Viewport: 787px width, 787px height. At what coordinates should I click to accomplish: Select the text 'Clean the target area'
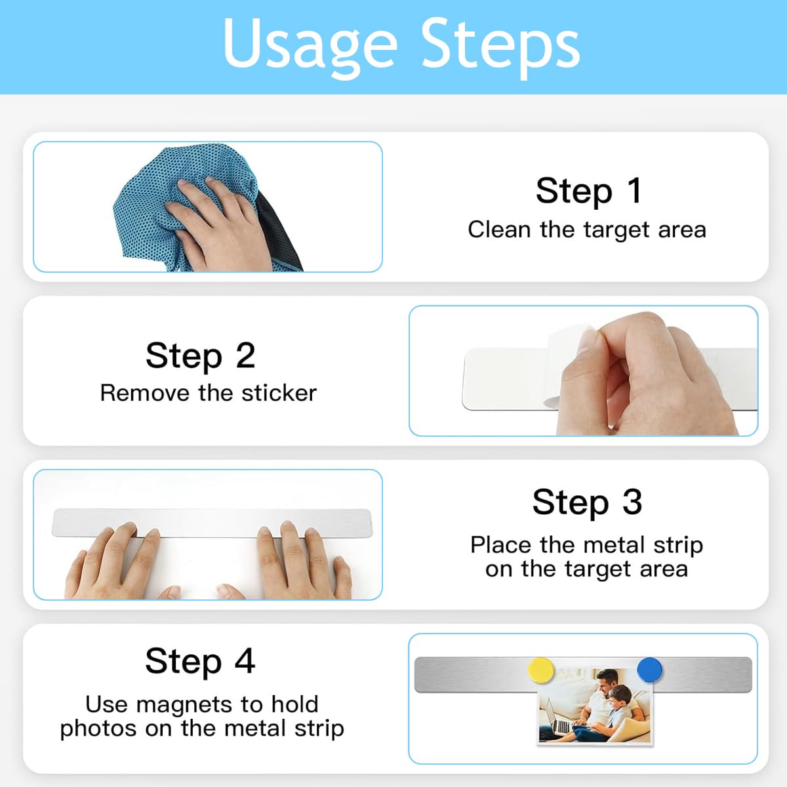tap(587, 230)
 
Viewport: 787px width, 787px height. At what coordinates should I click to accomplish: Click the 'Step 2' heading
tap(201, 355)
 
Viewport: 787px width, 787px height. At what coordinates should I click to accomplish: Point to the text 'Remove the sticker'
tap(209, 393)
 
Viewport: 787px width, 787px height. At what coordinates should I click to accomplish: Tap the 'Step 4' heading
tap(200, 661)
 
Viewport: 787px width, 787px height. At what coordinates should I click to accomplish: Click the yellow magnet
tap(540, 670)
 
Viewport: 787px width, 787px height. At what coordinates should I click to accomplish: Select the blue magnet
tap(649, 670)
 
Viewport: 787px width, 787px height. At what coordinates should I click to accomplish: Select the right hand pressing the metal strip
tap(298, 563)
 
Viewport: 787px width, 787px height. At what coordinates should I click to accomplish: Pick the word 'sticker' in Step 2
tap(279, 393)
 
